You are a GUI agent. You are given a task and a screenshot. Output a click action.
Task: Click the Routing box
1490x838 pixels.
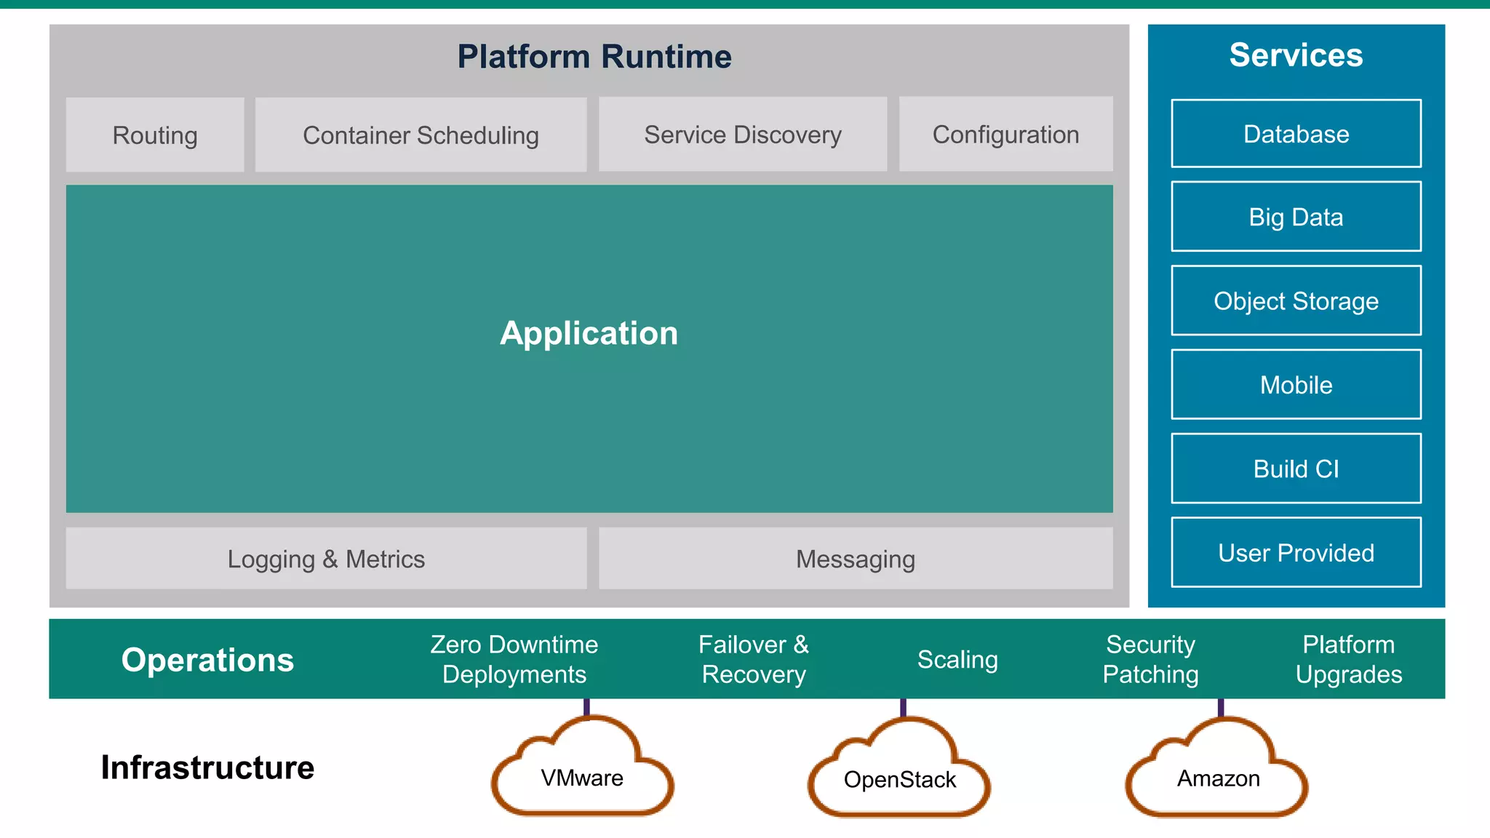click(x=155, y=135)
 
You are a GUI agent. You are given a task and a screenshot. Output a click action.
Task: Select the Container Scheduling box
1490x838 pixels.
click(x=421, y=135)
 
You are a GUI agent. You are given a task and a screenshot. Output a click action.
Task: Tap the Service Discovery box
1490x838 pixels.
click(x=742, y=135)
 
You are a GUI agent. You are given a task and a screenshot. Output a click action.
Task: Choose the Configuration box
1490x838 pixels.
click(x=1005, y=135)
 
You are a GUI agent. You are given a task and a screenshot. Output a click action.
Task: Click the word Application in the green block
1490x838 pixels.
click(x=589, y=333)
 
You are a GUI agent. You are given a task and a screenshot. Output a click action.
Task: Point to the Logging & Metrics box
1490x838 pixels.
click(x=326, y=559)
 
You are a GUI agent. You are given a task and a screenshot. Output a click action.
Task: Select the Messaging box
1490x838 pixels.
click(x=856, y=559)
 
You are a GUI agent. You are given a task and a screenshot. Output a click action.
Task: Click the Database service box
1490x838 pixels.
click(x=1296, y=134)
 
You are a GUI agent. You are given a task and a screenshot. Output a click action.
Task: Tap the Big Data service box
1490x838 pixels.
click(x=1296, y=217)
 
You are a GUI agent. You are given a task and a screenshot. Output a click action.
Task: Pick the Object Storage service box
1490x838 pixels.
click(x=1296, y=300)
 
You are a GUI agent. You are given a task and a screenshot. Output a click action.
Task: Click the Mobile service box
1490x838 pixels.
click(x=1296, y=385)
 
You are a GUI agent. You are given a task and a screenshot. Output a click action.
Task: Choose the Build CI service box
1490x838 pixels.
click(x=1296, y=468)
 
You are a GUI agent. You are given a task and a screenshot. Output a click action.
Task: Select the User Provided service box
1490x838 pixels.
click(x=1296, y=553)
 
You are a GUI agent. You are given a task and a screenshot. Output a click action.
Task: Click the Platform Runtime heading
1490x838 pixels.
click(x=594, y=57)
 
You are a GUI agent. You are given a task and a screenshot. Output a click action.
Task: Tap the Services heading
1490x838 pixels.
click(x=1296, y=55)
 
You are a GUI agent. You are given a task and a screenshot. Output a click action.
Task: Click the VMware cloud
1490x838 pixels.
click(x=582, y=778)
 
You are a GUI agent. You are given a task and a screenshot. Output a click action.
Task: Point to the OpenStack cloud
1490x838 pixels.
click(x=899, y=779)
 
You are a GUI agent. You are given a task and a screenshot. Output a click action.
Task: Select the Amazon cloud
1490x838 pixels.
click(x=1218, y=778)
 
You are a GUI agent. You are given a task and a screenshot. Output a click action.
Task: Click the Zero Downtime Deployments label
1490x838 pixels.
click(x=514, y=659)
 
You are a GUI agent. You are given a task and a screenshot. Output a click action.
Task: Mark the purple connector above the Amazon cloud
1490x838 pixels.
click(x=1221, y=708)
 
